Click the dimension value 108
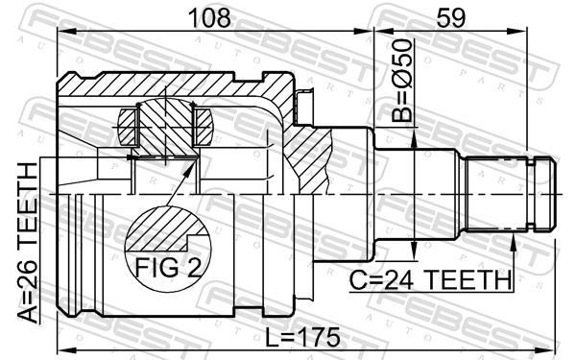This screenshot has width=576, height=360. tap(208, 16)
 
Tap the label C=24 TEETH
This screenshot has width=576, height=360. tap(429, 280)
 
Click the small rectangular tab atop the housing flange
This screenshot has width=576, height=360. tap(306, 97)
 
